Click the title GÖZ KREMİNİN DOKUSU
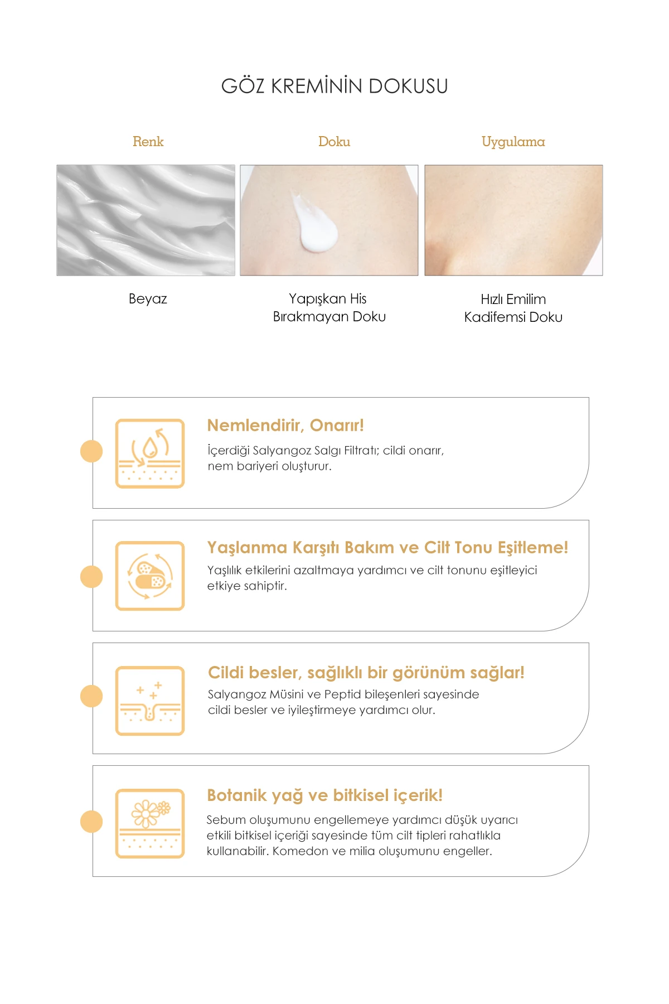(x=334, y=86)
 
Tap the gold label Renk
(x=148, y=142)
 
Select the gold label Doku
(x=334, y=142)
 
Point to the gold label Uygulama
(x=513, y=142)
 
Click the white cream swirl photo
(x=146, y=220)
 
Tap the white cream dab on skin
(x=316, y=223)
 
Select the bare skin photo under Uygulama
(x=513, y=220)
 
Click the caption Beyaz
(x=148, y=299)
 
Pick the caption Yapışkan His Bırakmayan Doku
(x=329, y=307)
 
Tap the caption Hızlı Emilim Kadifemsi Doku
(x=513, y=308)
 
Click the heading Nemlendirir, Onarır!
(x=285, y=426)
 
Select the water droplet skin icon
(x=150, y=453)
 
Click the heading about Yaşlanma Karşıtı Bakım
(x=387, y=548)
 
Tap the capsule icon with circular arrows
(x=150, y=576)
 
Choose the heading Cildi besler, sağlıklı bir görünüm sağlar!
(x=366, y=673)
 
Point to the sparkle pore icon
(x=150, y=701)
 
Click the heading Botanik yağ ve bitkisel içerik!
(x=324, y=795)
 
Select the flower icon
(x=150, y=823)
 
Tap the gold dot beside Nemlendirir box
(x=91, y=451)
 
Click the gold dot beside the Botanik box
(x=91, y=822)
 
